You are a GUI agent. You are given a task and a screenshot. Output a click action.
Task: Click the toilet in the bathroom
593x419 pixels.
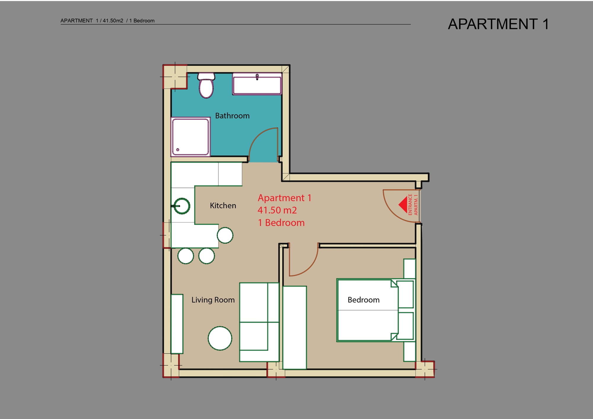[x=206, y=85]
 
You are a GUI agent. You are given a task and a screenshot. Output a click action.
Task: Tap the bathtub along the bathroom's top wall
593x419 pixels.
[x=257, y=84]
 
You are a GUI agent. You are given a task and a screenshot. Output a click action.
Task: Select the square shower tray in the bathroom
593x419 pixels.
[x=190, y=137]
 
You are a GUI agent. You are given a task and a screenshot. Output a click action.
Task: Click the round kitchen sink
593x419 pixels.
[x=181, y=206]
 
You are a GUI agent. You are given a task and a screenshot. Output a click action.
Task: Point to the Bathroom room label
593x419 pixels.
[x=232, y=116]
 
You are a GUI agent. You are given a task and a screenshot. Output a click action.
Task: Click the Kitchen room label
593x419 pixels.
[x=223, y=205]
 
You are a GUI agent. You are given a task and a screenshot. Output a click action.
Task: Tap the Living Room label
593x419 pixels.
[x=213, y=300]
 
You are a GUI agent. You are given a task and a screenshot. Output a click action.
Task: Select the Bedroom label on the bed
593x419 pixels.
[x=364, y=300]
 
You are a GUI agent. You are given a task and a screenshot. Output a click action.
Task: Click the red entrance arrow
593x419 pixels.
[x=403, y=204]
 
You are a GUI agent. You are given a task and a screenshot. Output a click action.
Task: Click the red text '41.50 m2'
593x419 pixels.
[x=277, y=210]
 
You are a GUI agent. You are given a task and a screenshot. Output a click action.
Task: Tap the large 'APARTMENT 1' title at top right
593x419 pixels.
[x=498, y=24]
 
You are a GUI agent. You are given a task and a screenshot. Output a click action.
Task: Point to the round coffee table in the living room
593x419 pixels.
[x=220, y=338]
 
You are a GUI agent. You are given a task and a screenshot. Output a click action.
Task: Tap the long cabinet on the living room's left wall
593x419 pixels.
[x=177, y=324]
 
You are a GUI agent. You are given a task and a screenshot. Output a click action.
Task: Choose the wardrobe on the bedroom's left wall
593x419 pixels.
[x=294, y=327]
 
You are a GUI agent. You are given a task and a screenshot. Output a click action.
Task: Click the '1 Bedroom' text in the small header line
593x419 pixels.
[x=142, y=21]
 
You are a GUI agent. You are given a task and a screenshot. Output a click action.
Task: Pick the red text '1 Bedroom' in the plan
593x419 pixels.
[x=281, y=223]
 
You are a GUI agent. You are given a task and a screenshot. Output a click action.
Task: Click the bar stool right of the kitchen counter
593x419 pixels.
[x=225, y=235]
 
